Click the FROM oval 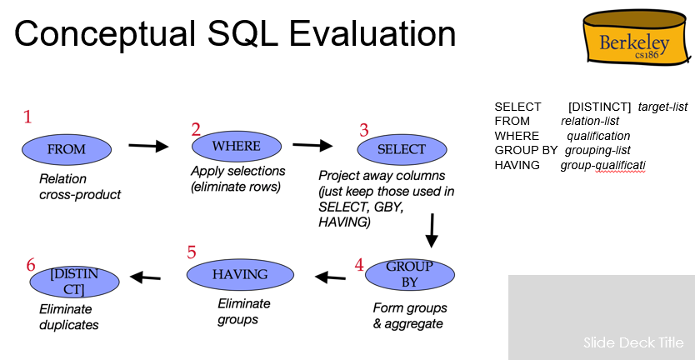click(66, 150)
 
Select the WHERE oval click(236, 147)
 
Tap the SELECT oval click(402, 150)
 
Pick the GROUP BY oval click(409, 274)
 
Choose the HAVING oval click(240, 274)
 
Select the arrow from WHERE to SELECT click(312, 145)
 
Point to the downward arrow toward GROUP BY click(432, 231)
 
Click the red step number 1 click(27, 117)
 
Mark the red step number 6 click(31, 265)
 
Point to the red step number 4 click(359, 265)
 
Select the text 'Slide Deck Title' click(633, 342)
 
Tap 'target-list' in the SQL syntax click(662, 107)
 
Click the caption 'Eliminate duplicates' click(68, 317)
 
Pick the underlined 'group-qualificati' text click(602, 165)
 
